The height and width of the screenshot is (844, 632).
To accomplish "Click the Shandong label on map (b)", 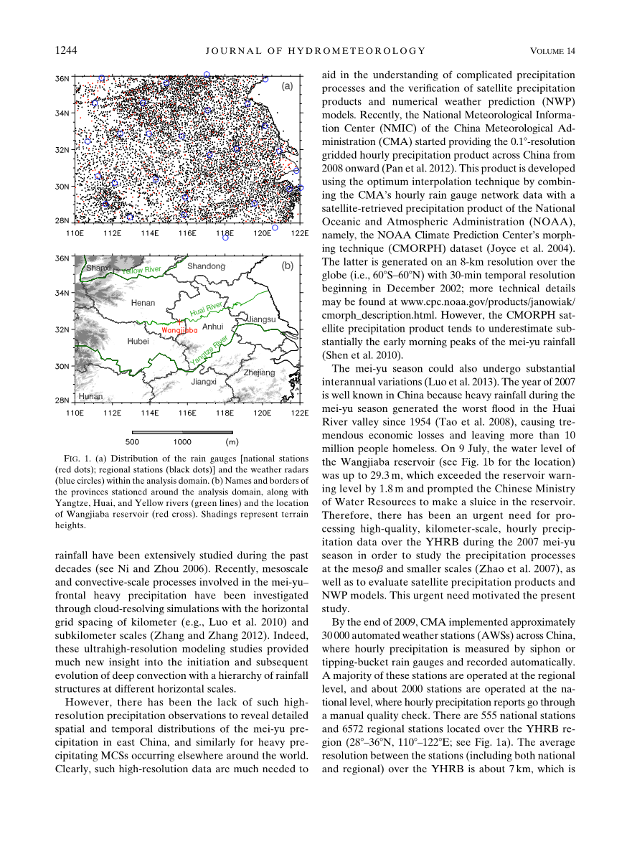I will [x=206, y=266].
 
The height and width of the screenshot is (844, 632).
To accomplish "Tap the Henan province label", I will [x=143, y=303].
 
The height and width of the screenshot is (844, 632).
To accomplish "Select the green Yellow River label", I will [x=141, y=271].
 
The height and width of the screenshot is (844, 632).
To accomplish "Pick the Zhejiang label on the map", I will [x=259, y=372].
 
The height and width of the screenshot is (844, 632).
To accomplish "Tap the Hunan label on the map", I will [x=92, y=396].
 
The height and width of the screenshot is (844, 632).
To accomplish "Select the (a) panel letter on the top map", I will [x=286, y=86].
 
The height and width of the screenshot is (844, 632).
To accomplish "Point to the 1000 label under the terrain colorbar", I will [x=182, y=442].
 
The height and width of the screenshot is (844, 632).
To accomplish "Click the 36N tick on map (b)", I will [x=63, y=258].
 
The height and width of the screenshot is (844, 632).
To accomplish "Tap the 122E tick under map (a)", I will [x=300, y=233].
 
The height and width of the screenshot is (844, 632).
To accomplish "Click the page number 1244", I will [x=66, y=50].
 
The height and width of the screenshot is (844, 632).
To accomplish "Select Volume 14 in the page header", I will [x=552, y=50].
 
